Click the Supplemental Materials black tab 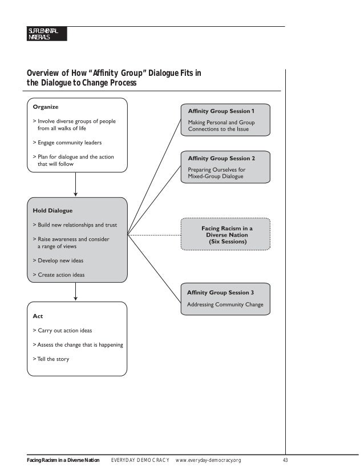click(x=46, y=34)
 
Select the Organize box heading click(x=45, y=106)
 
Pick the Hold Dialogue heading click(x=52, y=210)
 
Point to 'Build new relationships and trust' click(x=79, y=225)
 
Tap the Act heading click(x=38, y=315)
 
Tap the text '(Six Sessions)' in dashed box click(x=227, y=242)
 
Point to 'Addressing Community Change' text click(x=225, y=305)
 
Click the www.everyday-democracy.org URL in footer click(x=209, y=460)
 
